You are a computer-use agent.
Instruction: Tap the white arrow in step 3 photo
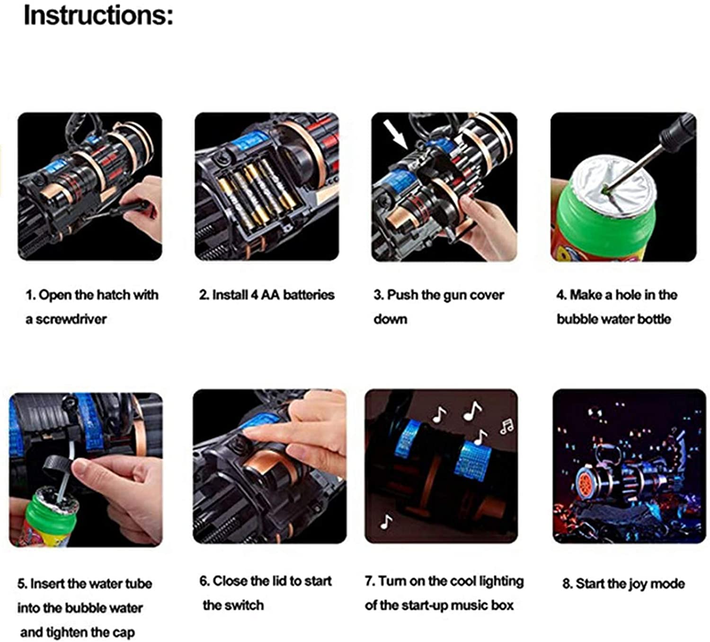point(395,134)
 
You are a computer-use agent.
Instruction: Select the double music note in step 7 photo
point(506,426)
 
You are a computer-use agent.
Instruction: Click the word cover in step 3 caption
point(486,295)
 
